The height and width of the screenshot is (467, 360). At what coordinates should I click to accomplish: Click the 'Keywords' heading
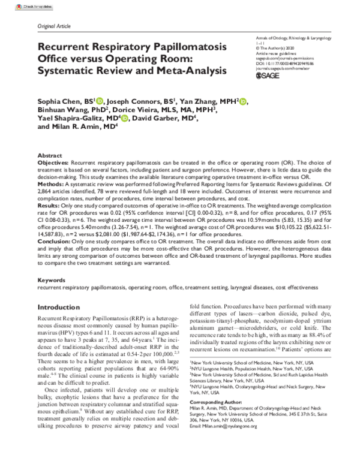(x=52, y=280)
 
